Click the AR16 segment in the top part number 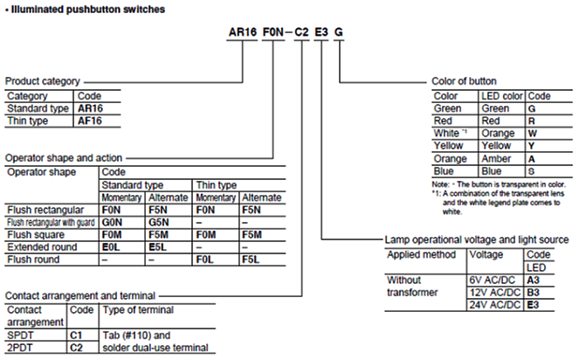coord(242,32)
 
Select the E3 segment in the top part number coord(321,32)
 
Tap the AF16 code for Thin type coord(90,121)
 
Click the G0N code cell coord(112,223)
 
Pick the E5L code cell coord(158,247)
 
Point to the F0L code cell coord(204,260)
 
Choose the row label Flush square coord(36,235)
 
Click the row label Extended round coord(42,247)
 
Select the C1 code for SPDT coord(76,336)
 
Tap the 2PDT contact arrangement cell coord(20,348)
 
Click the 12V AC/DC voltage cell coord(495,293)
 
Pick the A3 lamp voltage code coord(534,280)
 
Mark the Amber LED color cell coord(496,159)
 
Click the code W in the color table coord(533,134)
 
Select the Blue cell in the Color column coord(444,171)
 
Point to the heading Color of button coord(464,81)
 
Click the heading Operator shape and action coord(64,158)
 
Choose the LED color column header coord(502,96)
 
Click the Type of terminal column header coord(138,309)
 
